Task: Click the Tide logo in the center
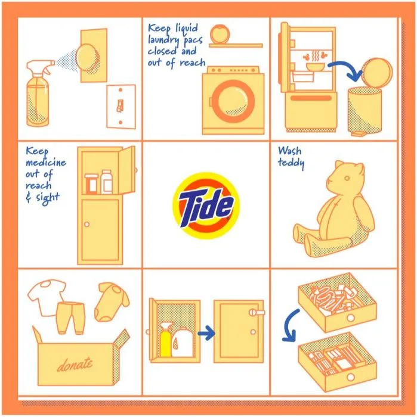click(206, 206)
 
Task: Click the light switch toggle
click(120, 105)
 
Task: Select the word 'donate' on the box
click(75, 364)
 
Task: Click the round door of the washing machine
click(233, 101)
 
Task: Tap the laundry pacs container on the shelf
click(220, 33)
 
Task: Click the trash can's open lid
click(377, 73)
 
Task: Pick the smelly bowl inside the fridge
click(315, 67)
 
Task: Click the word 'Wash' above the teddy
click(290, 151)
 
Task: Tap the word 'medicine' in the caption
click(46, 162)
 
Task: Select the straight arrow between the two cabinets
click(206, 333)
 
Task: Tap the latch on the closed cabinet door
click(257, 312)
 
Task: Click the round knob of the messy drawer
click(350, 318)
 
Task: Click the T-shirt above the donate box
click(47, 297)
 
